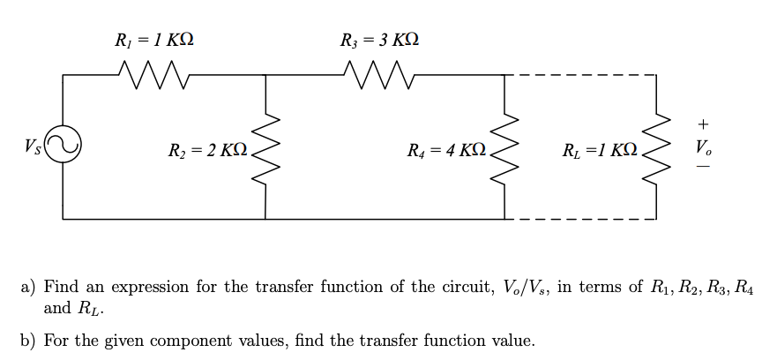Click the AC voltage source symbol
click(63, 144)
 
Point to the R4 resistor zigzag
click(505, 146)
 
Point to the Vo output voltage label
click(702, 145)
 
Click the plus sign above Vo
click(702, 123)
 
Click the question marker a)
click(28, 287)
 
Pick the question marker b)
click(28, 341)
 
